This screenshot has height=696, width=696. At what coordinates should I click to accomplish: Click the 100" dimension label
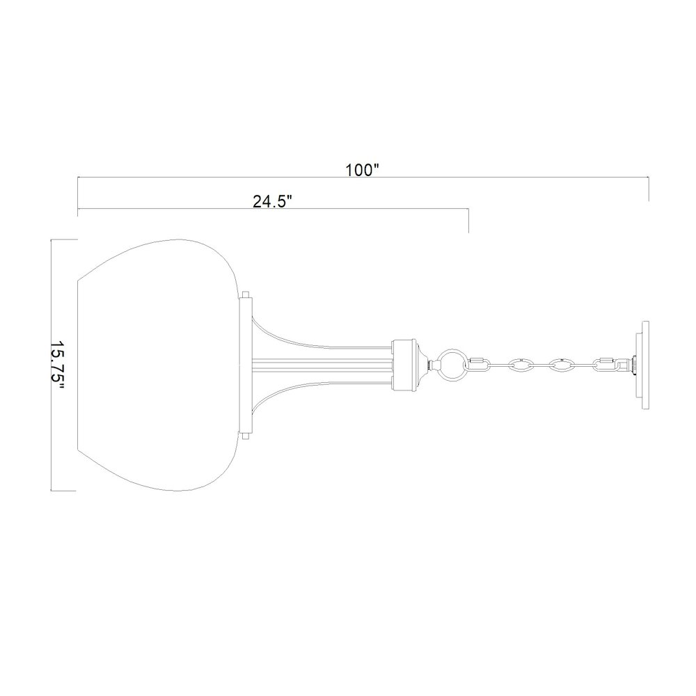pos(361,170)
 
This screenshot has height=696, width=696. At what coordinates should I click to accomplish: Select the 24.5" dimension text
pos(272,201)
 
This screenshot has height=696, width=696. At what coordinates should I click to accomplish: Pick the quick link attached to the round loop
pos(480,363)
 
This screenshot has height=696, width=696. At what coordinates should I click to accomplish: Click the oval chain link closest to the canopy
pos(562,363)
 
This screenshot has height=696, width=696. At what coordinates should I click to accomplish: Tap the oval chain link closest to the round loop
pos(521,363)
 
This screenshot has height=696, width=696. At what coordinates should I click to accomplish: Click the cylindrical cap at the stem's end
pos(404,363)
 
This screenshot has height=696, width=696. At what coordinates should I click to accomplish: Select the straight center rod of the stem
pos(320,363)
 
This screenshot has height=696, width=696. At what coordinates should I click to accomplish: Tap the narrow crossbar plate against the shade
pos(244,365)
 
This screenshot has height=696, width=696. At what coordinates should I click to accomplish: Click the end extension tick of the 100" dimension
pos(649,189)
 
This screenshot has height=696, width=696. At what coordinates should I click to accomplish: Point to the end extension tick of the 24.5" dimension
pos(468,221)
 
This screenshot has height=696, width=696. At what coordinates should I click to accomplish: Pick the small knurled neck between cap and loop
pos(426,363)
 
